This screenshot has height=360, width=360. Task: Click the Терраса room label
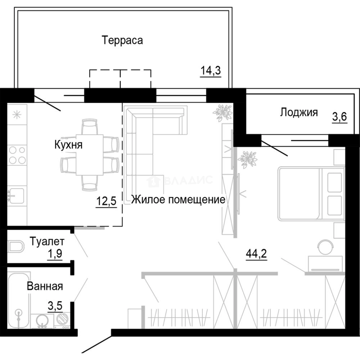coord(123,40)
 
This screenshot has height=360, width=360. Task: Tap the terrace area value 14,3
coord(211,71)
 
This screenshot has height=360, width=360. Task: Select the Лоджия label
coord(299,112)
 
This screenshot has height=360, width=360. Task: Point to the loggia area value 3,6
coord(339,118)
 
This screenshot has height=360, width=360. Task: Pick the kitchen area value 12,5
coord(106,202)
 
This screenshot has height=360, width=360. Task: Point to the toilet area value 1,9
coord(55,254)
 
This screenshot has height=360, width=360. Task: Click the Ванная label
coord(45,286)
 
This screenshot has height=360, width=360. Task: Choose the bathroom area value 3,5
coord(55,305)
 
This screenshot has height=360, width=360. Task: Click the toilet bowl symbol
coord(17,247)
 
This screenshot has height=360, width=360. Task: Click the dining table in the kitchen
coord(89,155)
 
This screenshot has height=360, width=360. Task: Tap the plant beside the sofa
coord(223,112)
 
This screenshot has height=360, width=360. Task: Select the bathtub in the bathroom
coord(19,300)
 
